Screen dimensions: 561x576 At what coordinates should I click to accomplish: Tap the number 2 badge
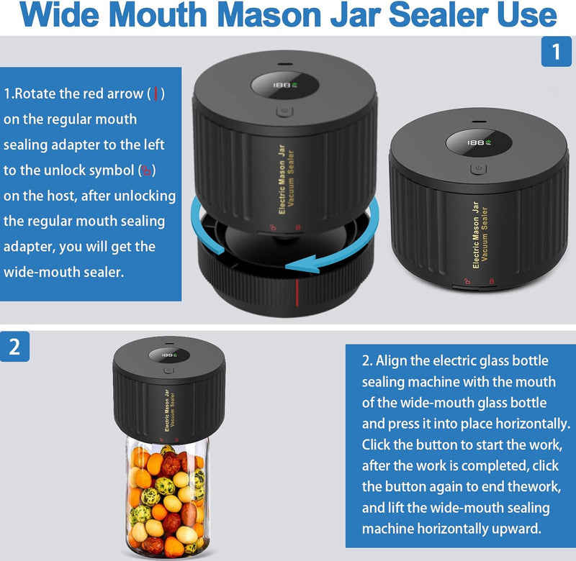click(x=15, y=347)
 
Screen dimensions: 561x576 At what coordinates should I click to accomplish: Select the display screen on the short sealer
click(x=477, y=143)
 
